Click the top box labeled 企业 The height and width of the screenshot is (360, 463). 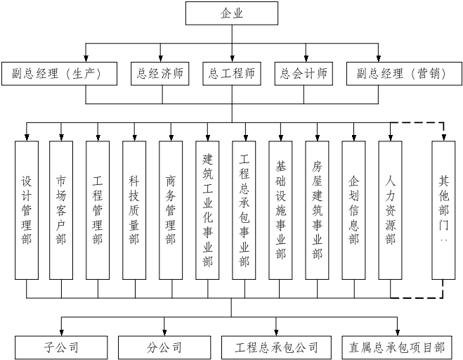coord(231,13)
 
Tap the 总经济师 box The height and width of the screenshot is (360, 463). coord(160,73)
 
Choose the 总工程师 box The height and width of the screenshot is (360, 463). coord(232,73)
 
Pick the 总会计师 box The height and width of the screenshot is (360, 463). coord(304,73)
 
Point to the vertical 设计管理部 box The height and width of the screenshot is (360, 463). coord(25,210)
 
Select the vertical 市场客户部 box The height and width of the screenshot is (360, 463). coord(61,210)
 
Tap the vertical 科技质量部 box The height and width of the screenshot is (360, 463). coord(134,210)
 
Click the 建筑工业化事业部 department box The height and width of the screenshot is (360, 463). coord(207,210)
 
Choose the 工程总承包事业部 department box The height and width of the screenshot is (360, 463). coord(244,210)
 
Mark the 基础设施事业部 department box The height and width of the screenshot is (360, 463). coord(281,210)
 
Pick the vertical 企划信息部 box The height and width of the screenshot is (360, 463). coord(353,210)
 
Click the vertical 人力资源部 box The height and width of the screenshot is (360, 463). coord(390,210)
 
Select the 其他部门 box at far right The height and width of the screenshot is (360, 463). coord(443,210)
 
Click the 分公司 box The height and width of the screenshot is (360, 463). coord(164,347)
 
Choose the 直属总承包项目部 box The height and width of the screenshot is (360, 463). coord(397,347)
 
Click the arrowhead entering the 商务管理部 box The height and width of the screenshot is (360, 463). coord(171,136)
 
